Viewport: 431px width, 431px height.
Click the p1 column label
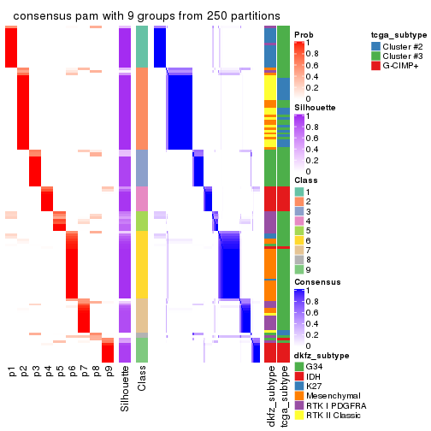click(x=11, y=372)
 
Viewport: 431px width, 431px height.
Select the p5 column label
click(x=60, y=372)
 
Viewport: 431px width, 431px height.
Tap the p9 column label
click(x=109, y=372)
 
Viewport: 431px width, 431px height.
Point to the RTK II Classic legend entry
click(x=334, y=419)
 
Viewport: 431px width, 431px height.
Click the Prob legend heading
click(x=304, y=35)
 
